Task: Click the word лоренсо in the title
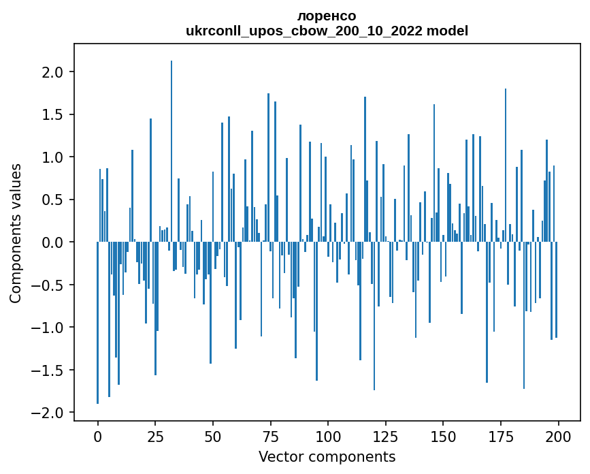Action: click(x=327, y=16)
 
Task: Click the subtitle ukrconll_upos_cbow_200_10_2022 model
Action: click(x=327, y=31)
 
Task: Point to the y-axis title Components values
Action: click(x=16, y=233)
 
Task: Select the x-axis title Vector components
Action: click(x=327, y=456)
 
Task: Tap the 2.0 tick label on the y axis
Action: click(x=54, y=72)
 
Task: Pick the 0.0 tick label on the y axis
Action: click(x=54, y=242)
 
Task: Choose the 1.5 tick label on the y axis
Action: click(x=54, y=114)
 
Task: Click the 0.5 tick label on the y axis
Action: click(x=54, y=200)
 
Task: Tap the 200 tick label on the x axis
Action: click(x=558, y=436)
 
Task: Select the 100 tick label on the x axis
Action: click(x=328, y=436)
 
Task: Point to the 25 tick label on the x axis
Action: click(x=155, y=436)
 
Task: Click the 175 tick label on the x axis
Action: click(x=501, y=436)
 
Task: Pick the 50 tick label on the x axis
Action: click(x=213, y=436)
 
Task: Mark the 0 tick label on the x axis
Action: click(x=98, y=436)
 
